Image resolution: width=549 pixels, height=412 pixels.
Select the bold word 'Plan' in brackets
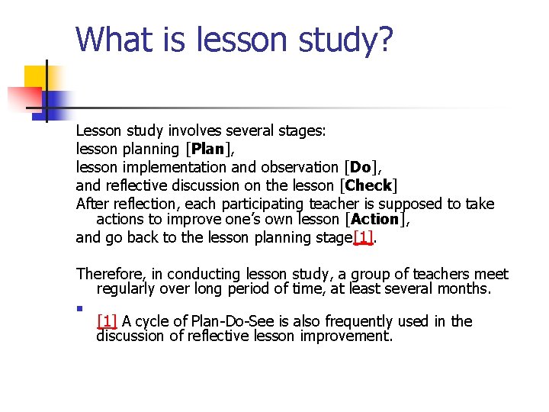(x=207, y=149)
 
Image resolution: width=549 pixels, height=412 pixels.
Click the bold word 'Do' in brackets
(x=361, y=166)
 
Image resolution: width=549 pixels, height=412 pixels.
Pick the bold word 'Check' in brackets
(x=369, y=185)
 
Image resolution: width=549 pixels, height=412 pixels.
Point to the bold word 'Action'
(x=374, y=219)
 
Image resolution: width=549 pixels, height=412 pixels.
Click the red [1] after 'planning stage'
(x=363, y=237)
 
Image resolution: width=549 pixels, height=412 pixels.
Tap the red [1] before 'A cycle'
(x=107, y=321)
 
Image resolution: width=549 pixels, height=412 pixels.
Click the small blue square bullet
(x=79, y=308)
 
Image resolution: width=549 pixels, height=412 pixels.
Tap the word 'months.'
(x=465, y=288)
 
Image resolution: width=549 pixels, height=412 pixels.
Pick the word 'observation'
(x=298, y=167)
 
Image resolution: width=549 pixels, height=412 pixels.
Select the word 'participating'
(x=263, y=204)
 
